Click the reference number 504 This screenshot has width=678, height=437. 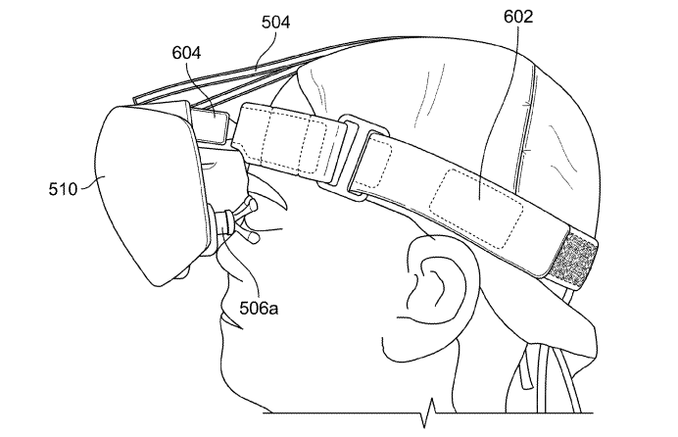click(x=275, y=22)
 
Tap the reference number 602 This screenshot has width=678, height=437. click(x=518, y=17)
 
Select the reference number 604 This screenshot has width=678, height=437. click(x=186, y=53)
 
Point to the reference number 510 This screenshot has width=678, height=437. click(x=63, y=189)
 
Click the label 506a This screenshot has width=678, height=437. click(x=259, y=309)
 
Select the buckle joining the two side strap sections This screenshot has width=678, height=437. click(x=353, y=158)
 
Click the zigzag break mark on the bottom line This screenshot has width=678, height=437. click(x=427, y=413)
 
